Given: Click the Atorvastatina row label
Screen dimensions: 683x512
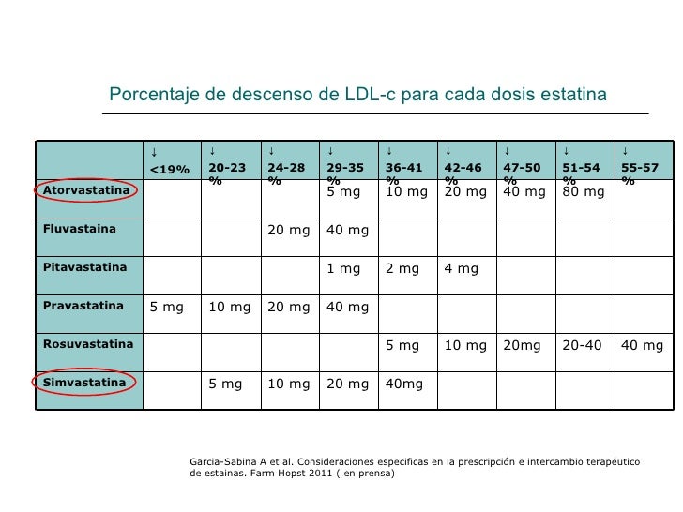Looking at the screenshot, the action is pyautogui.click(x=86, y=190).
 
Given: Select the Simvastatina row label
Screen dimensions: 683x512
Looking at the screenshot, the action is pyautogui.click(x=84, y=383).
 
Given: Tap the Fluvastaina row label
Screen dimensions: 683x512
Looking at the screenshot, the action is pyautogui.click(x=79, y=229).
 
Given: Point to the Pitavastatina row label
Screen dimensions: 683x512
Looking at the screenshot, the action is pyautogui.click(x=84, y=267).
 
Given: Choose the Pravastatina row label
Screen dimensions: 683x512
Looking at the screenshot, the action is pyautogui.click(x=83, y=306).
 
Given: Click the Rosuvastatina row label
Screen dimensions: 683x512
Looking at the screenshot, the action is pyautogui.click(x=88, y=344).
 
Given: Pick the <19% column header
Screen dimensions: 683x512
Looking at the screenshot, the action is pyautogui.click(x=170, y=170).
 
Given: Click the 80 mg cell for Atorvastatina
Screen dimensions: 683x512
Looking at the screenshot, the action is pyautogui.click(x=584, y=191).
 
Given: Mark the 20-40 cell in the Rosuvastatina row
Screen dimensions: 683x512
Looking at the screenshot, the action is pyautogui.click(x=582, y=345).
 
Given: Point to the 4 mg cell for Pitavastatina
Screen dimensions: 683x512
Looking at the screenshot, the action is pyautogui.click(x=462, y=268).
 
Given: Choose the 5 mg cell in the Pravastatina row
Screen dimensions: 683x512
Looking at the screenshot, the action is pyautogui.click(x=166, y=307).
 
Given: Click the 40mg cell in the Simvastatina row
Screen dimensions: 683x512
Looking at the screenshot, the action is pyautogui.click(x=403, y=384).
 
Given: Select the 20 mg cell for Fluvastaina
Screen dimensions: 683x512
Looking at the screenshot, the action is pyautogui.click(x=289, y=230).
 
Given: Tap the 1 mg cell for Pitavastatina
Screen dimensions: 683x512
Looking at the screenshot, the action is pyautogui.click(x=343, y=268).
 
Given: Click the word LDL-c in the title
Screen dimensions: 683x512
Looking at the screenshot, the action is pyautogui.click(x=370, y=94).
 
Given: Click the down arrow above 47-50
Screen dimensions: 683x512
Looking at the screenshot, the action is pyautogui.click(x=507, y=152).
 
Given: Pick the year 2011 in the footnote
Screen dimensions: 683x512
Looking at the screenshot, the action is pyautogui.click(x=321, y=473).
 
